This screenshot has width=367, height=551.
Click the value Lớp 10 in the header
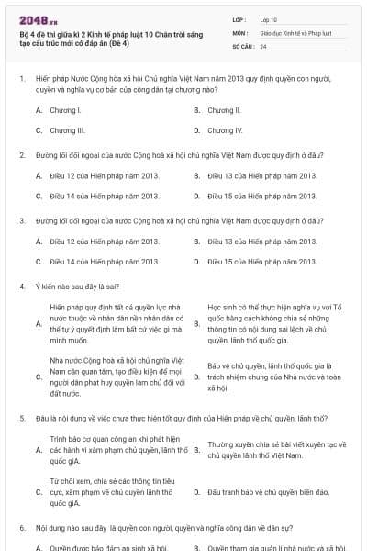point(269,18)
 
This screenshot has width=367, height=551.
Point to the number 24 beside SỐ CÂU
point(263,45)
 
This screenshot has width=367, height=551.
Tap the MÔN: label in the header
point(240,32)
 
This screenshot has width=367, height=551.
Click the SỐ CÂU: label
point(243,45)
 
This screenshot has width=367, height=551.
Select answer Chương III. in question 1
point(66,130)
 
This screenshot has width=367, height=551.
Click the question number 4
point(22,287)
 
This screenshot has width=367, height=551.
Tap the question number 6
point(22,528)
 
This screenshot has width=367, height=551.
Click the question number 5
point(22,418)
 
